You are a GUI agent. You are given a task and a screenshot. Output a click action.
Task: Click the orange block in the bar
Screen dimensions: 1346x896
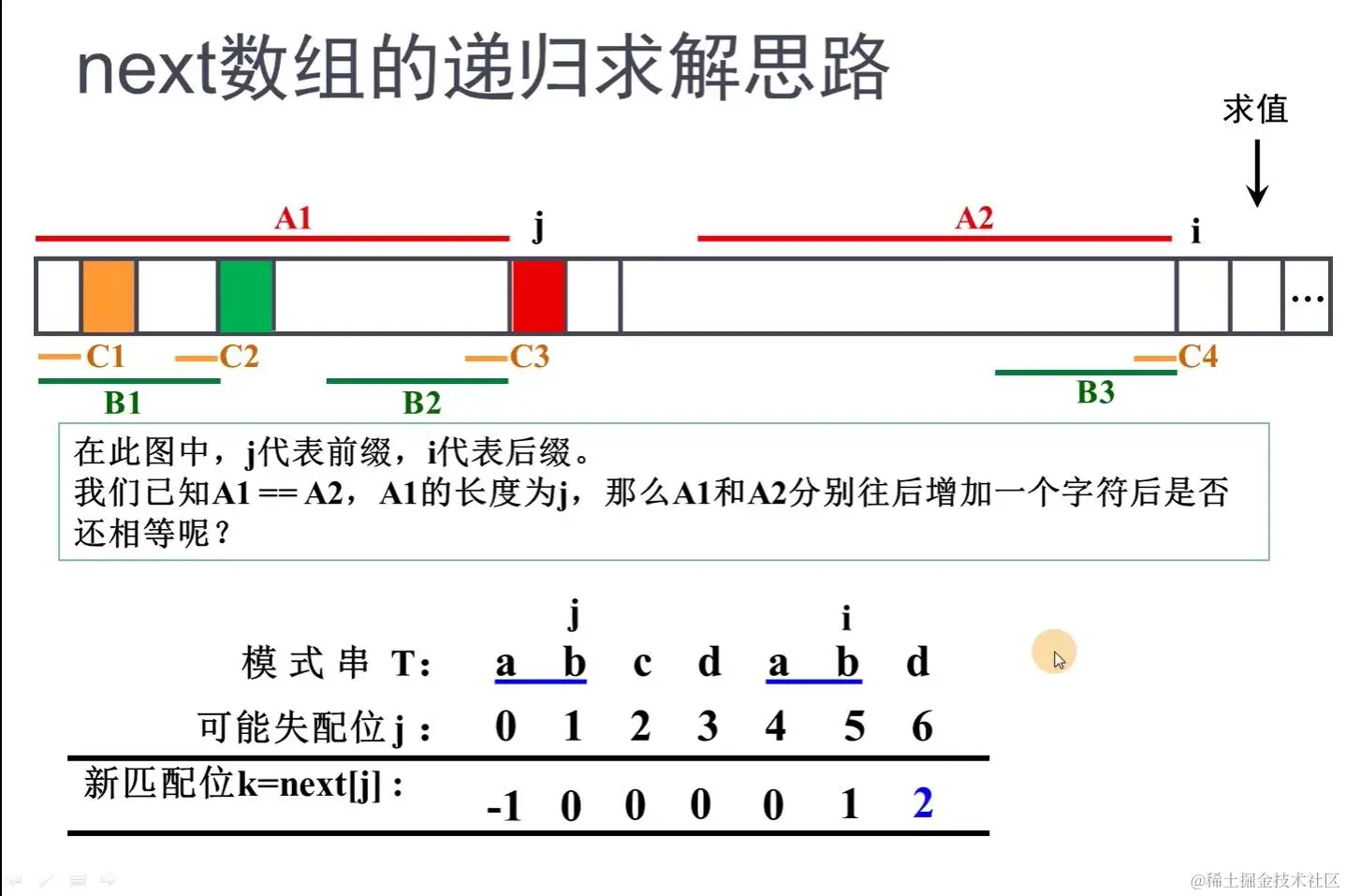(109, 296)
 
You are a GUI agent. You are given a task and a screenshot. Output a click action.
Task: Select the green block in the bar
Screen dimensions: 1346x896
(246, 296)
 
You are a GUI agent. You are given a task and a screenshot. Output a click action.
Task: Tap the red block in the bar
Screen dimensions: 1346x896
(538, 296)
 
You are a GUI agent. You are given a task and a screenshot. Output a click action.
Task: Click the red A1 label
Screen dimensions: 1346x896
(293, 218)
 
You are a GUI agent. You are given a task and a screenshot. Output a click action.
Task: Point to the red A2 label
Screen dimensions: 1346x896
(973, 218)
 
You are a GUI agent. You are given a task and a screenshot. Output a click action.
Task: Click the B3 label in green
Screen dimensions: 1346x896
(1095, 392)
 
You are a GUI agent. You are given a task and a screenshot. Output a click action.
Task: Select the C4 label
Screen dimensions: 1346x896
(1197, 357)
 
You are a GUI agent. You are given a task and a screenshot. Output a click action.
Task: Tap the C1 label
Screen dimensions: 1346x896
(105, 357)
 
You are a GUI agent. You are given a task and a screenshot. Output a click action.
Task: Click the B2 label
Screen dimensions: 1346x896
(421, 403)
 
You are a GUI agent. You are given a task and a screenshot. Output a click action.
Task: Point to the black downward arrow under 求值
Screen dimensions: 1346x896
(1257, 173)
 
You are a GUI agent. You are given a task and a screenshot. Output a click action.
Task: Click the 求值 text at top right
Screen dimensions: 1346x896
(1255, 110)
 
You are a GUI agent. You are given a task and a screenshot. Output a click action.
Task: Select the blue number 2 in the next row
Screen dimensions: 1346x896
(923, 803)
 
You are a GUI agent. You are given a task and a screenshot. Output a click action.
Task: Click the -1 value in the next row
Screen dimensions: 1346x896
(505, 805)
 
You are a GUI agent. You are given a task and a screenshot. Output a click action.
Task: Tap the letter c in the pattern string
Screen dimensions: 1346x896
(642, 663)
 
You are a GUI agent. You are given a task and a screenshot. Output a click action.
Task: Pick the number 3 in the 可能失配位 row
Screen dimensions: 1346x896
(708, 727)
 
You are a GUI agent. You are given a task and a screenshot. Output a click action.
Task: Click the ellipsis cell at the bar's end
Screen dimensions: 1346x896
(1307, 297)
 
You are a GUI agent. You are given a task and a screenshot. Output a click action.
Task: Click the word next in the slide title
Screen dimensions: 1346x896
(146, 70)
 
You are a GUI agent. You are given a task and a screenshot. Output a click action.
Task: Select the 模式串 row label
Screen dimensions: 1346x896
(305, 663)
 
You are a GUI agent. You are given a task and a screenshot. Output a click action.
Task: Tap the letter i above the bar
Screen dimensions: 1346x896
(1195, 230)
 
